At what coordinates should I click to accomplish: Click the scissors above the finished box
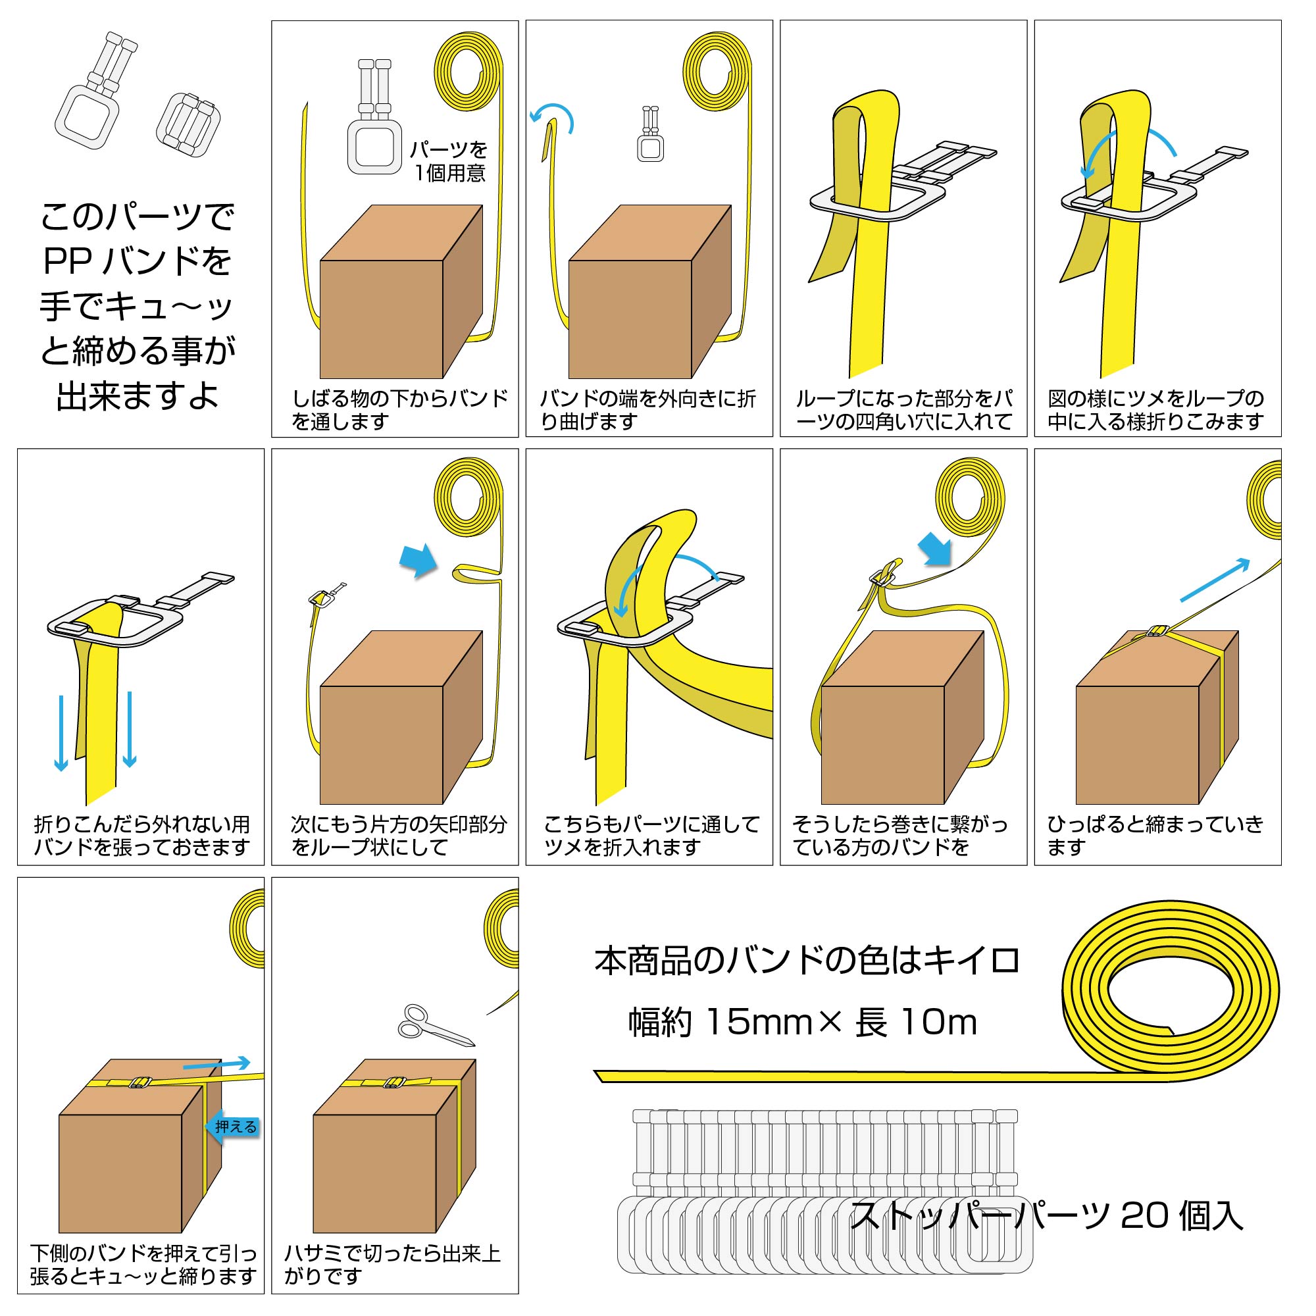[436, 1025]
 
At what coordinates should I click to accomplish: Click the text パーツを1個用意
[449, 161]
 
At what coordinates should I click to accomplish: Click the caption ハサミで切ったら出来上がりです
[392, 1264]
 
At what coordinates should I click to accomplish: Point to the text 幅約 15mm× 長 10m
[802, 1023]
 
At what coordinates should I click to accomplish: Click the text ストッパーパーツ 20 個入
[1046, 1216]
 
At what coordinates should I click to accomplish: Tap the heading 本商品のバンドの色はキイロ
[807, 961]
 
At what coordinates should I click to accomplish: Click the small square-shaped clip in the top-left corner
[190, 121]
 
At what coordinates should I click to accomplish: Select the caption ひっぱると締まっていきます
[1155, 836]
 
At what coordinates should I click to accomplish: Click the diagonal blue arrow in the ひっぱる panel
[1215, 580]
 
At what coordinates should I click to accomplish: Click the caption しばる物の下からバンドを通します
[400, 409]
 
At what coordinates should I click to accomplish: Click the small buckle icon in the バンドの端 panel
[651, 134]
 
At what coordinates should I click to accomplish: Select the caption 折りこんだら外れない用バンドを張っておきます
[142, 836]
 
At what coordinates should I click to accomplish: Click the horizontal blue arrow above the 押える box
[216, 1064]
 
